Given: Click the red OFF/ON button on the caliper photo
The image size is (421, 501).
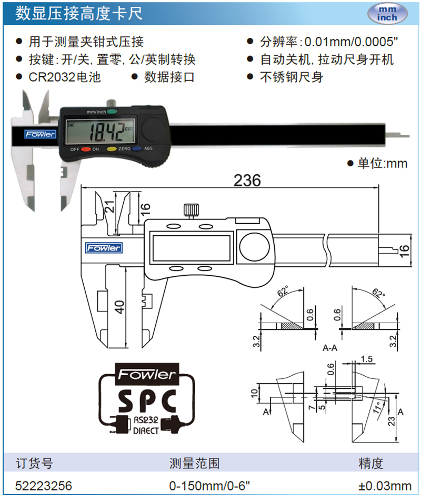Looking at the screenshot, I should tap(85, 149).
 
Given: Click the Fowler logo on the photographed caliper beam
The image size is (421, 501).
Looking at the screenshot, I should tap(41, 134).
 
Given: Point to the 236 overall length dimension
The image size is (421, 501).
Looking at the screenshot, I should tap(247, 181).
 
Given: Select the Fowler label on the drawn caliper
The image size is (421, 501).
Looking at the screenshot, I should tap(104, 247).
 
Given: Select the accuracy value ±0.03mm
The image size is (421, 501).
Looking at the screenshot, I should tap(385, 485).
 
